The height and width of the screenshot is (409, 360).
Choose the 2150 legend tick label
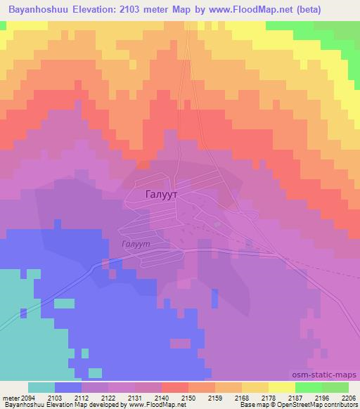point(174,397)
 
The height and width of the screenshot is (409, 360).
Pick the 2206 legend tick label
point(347,397)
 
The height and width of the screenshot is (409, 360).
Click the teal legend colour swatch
point(41,387)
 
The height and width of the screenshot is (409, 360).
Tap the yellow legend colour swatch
point(281,387)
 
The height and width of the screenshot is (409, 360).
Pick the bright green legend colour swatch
point(308,387)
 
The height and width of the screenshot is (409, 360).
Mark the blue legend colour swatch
point(67,387)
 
